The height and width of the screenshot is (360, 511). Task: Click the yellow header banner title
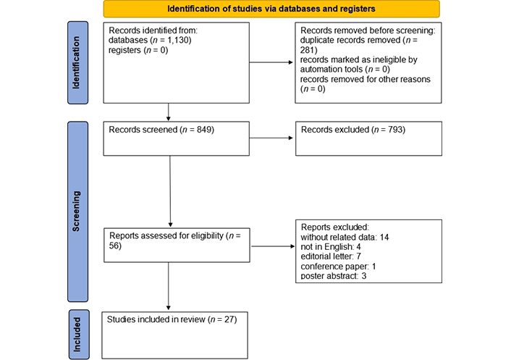pos(271,9)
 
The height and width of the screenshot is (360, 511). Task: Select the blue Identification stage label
pos(77,62)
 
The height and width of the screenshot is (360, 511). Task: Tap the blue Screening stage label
pos(77,212)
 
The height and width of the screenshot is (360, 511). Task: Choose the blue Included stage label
pos(79,335)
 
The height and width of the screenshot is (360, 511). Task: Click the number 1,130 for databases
pos(178,40)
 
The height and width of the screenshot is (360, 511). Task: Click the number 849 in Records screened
pos(204,130)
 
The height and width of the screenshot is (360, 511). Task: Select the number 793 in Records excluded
pos(396,130)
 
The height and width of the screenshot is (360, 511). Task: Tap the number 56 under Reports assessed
pos(114,246)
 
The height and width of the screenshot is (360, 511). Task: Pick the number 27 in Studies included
pos(229,319)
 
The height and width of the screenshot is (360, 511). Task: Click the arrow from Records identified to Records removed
pos(271,62)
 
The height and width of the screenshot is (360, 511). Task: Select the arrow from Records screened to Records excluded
pos(271,138)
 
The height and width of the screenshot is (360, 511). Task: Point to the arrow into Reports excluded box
pos(273,246)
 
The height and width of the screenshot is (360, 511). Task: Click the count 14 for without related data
pos(384,237)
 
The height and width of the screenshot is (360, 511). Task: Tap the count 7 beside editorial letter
pos(358,256)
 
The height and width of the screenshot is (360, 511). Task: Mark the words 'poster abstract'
pos(329,276)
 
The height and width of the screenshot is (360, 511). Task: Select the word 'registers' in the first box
pos(124,50)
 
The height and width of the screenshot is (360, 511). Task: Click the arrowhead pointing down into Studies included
pos(169,308)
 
